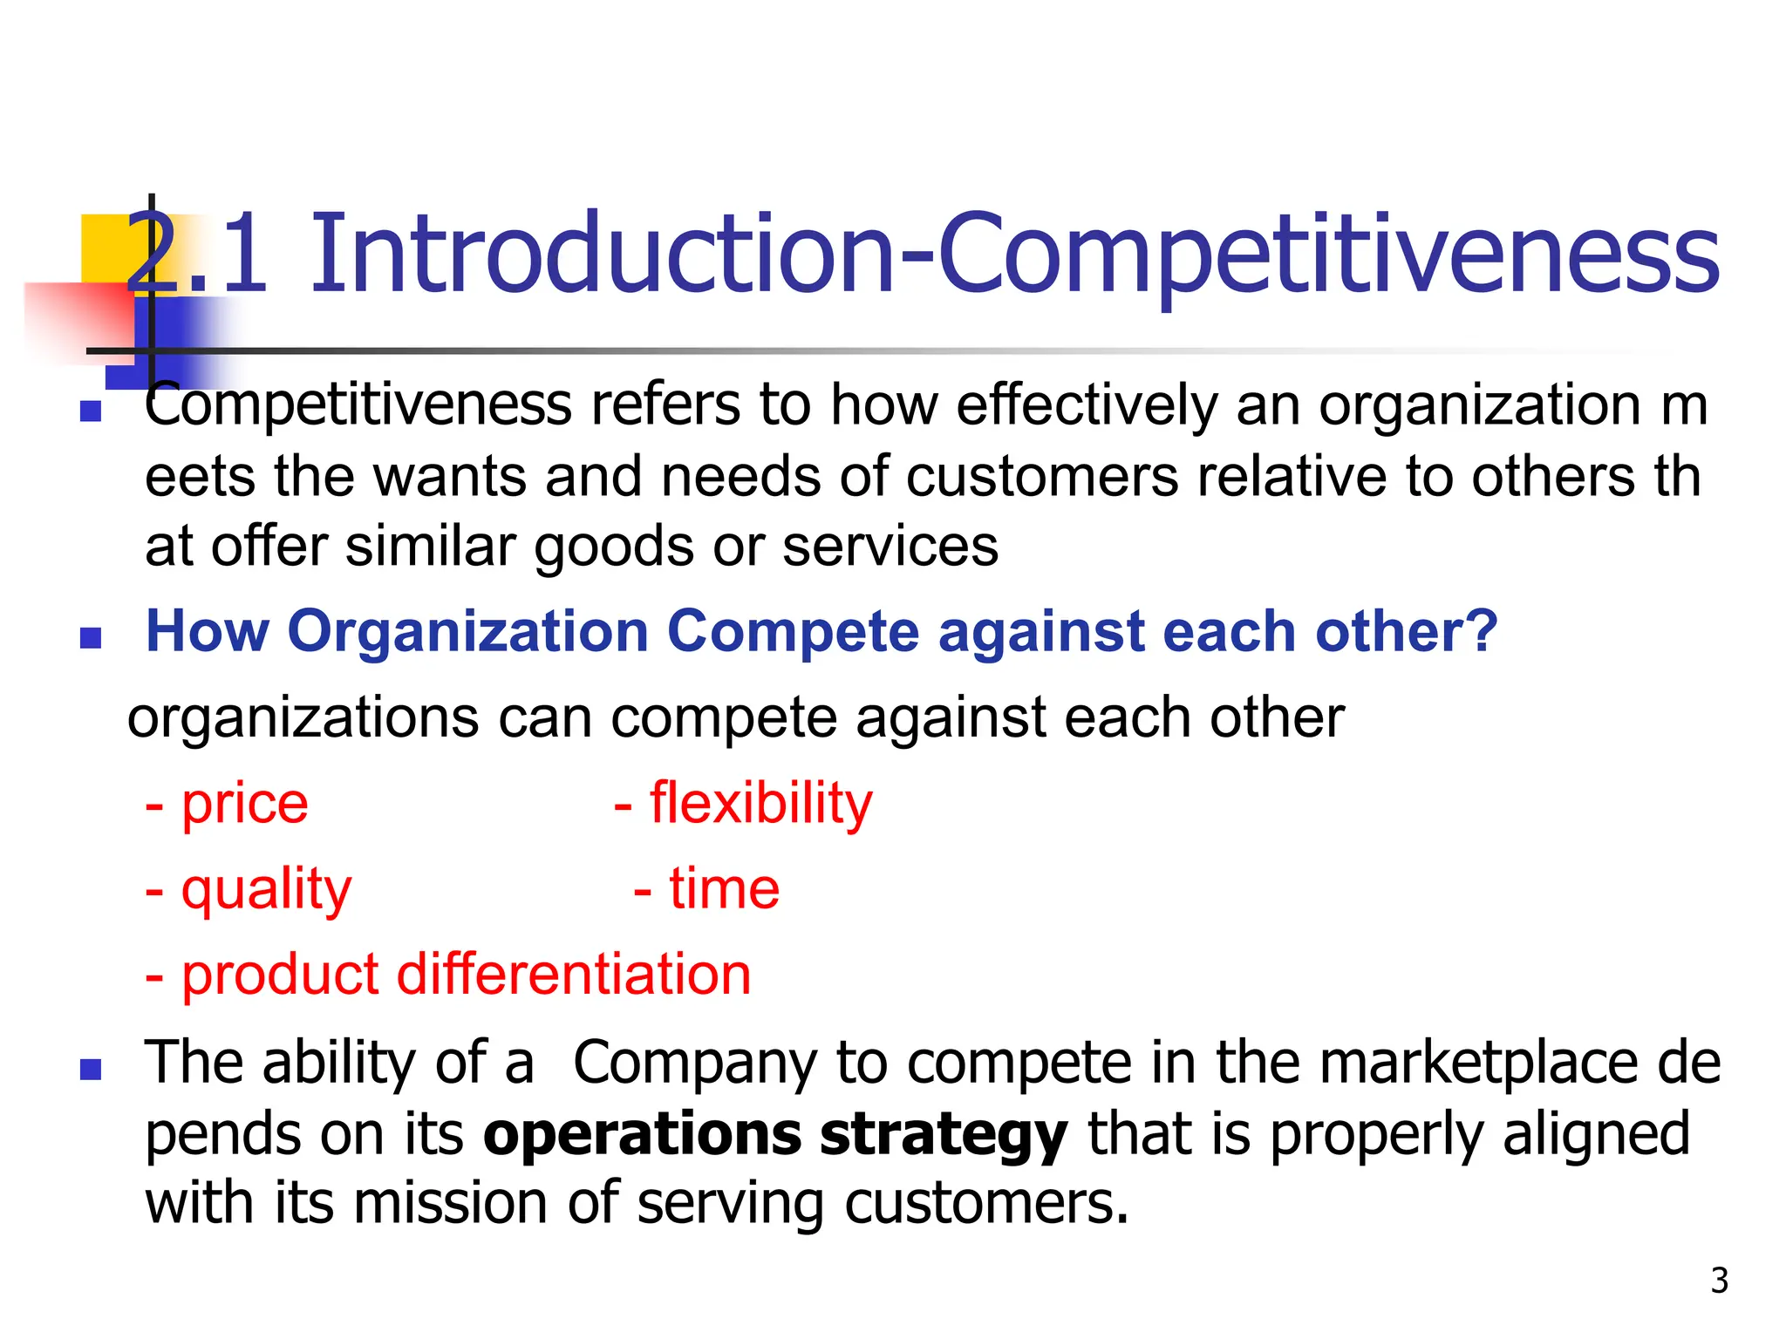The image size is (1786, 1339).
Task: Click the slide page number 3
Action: tap(1719, 1281)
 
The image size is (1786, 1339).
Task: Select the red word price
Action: tap(244, 804)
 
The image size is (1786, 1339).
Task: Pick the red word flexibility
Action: tap(760, 804)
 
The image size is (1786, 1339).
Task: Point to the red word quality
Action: tap(266, 890)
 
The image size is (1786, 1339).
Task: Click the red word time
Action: tap(724, 890)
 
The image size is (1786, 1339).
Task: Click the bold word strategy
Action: tap(943, 1136)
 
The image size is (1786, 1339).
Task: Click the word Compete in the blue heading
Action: tap(793, 631)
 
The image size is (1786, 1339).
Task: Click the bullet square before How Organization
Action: tap(91, 638)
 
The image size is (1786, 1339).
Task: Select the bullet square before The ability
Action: tap(91, 1070)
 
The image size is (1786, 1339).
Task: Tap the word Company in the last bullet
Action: tap(694, 1064)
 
